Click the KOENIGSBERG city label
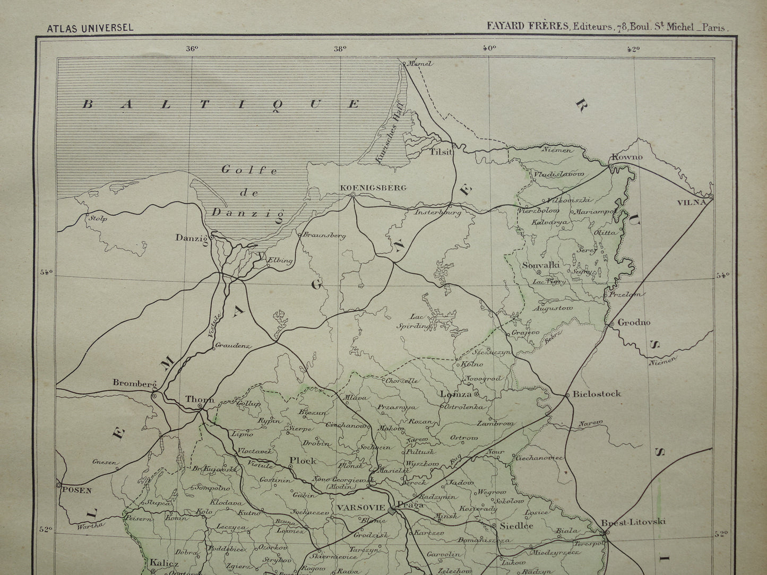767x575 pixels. pyautogui.click(x=374, y=187)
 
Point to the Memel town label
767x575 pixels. pyautogui.click(x=420, y=64)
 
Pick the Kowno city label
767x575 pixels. pyautogui.click(x=627, y=157)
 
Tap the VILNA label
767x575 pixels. pyautogui.click(x=692, y=202)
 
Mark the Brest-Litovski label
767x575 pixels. pyautogui.click(x=633, y=522)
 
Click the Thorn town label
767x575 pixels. pyautogui.click(x=200, y=399)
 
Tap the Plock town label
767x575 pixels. pyautogui.click(x=303, y=460)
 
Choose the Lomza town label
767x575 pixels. pyautogui.click(x=456, y=394)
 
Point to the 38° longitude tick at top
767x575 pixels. pyautogui.click(x=340, y=48)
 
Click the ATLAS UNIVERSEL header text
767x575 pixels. pyautogui.click(x=90, y=28)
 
